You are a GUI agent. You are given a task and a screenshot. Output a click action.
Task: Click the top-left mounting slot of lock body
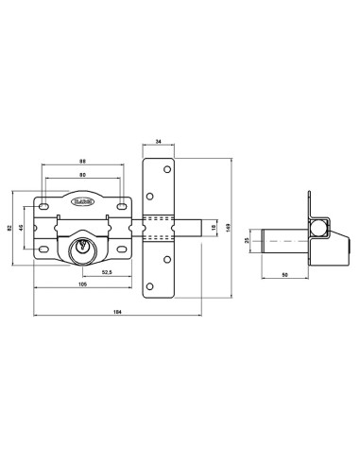[43, 202]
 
